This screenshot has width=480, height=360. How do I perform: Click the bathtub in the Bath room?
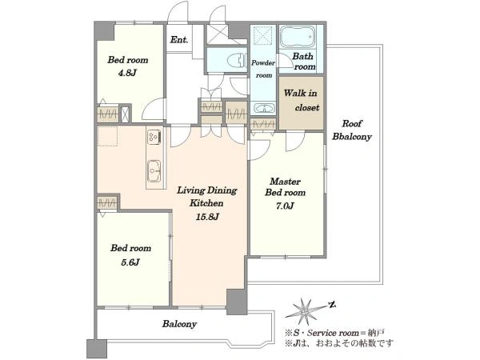click(298, 37)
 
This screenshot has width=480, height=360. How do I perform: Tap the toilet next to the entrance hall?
click(237, 60)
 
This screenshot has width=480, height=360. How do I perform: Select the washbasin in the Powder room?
click(263, 108)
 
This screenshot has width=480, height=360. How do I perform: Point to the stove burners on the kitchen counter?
click(154, 137)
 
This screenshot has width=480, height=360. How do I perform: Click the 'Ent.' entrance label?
click(179, 40)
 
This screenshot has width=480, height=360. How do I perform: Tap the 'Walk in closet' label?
click(301, 100)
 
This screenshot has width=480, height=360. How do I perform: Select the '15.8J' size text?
click(207, 217)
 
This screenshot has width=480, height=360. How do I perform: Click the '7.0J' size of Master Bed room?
click(285, 206)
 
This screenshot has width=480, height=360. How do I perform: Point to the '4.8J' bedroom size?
click(127, 73)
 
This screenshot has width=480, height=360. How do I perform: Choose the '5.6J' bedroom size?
click(130, 262)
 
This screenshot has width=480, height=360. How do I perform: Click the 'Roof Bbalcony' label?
click(352, 130)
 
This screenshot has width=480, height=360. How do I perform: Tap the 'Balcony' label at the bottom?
click(179, 324)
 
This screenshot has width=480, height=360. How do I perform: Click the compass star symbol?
click(305, 311)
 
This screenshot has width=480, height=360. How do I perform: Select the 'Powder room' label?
click(263, 69)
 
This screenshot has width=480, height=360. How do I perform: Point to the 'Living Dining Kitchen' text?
click(207, 197)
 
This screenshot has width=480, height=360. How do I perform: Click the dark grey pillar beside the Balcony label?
click(237, 302)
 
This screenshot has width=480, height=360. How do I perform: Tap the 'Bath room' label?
click(304, 62)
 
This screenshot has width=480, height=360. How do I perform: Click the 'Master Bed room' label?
click(286, 186)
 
